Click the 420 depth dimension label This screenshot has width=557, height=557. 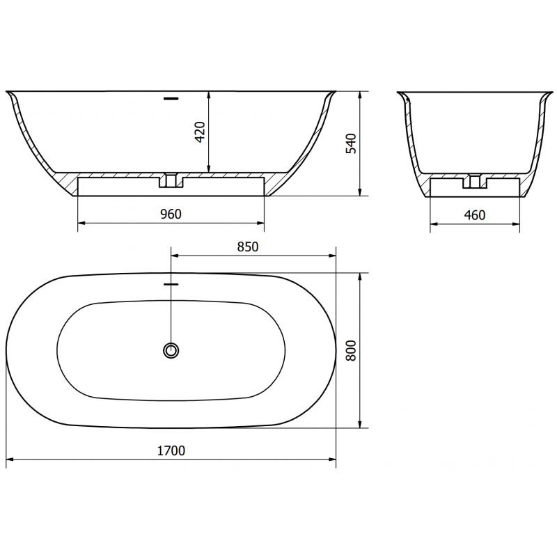tap(200, 132)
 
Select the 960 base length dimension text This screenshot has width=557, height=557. tap(170, 214)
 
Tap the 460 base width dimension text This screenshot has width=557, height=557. tap(474, 214)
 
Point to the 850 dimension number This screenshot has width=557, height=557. tap(248, 246)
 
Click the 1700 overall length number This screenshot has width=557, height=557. tap(171, 450)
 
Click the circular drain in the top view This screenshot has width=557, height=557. tap(171, 350)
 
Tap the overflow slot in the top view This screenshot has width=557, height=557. tap(171, 284)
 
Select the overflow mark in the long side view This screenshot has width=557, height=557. tap(171, 99)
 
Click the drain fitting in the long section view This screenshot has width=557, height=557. tap(171, 181)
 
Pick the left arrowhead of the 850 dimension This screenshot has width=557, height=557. tap(174, 255)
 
